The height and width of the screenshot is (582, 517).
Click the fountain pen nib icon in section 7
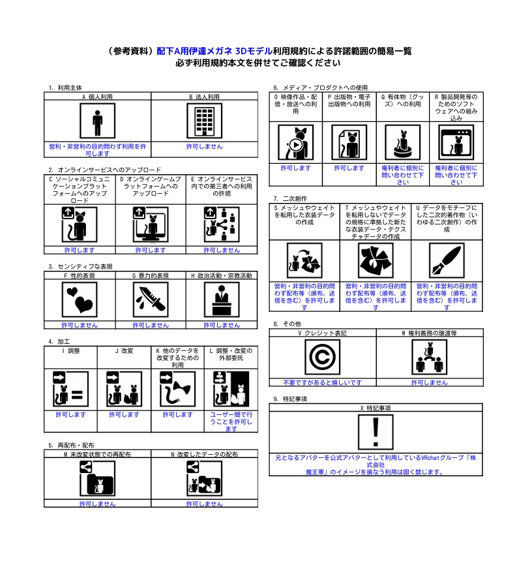click(x=447, y=260)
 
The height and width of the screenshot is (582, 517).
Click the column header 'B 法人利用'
click(x=204, y=96)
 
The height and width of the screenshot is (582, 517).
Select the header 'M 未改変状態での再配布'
click(x=97, y=453)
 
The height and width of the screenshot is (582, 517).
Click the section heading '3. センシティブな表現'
click(x=80, y=266)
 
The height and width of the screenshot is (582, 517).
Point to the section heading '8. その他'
click(x=287, y=324)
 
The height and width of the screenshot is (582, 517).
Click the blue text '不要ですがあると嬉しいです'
click(x=322, y=382)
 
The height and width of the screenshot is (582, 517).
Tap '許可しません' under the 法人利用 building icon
click(x=204, y=147)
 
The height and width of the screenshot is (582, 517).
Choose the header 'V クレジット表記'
click(x=322, y=333)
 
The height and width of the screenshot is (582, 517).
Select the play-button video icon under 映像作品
click(x=295, y=142)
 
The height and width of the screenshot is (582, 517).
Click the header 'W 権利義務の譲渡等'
click(x=429, y=333)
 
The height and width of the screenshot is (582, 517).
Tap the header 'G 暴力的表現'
click(x=151, y=275)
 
